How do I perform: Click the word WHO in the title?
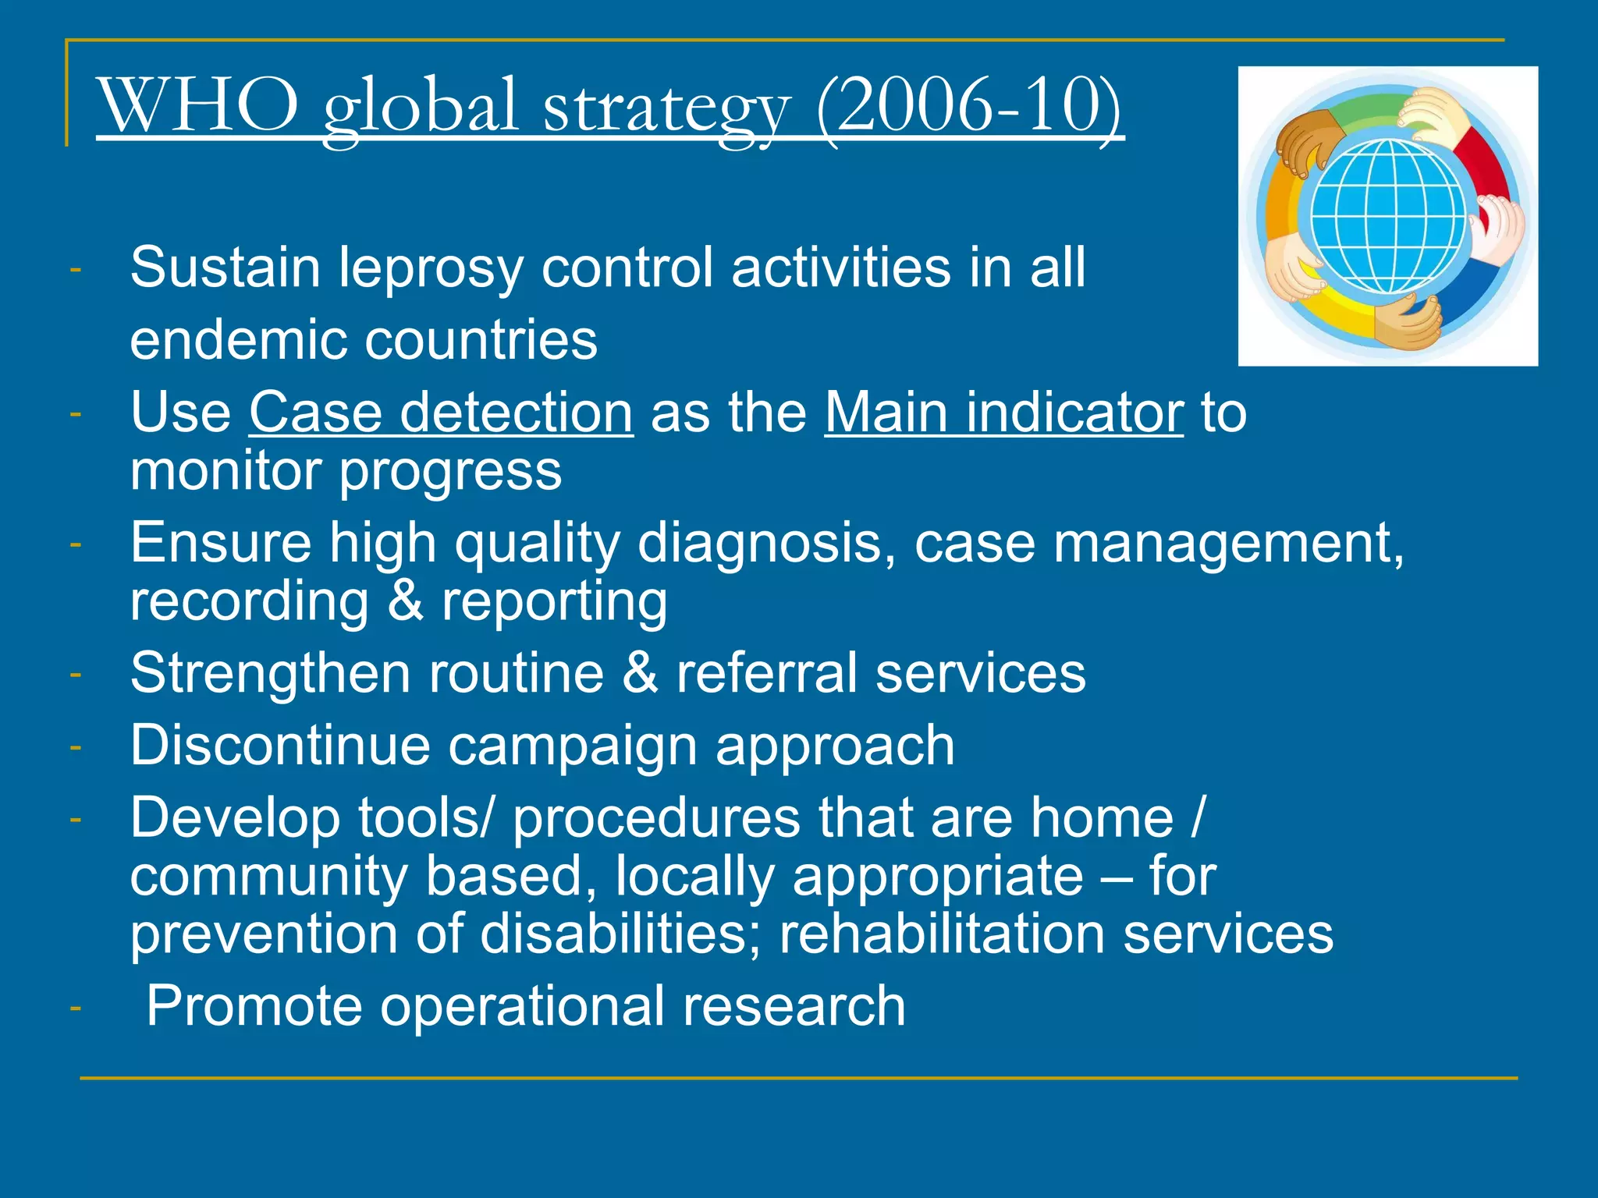tap(198, 105)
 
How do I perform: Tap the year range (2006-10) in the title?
tap(968, 105)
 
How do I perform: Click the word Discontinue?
tap(279, 745)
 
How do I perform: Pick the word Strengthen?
tap(270, 672)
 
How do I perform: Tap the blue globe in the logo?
tap(1388, 217)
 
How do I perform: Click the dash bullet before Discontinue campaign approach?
tap(75, 746)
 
